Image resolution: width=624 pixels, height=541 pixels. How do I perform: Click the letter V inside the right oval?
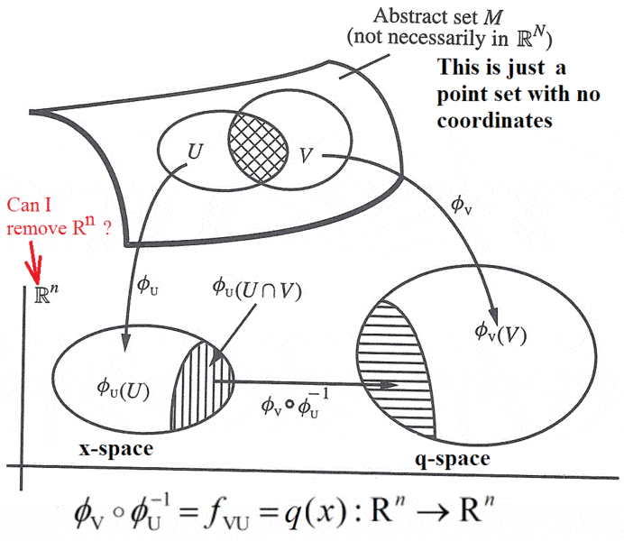click(306, 155)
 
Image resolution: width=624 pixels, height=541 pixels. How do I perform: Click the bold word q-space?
click(453, 459)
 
